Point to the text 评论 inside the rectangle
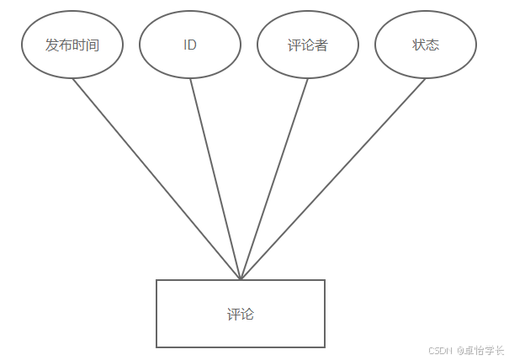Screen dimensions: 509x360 click(241, 315)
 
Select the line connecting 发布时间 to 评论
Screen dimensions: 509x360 click(156, 179)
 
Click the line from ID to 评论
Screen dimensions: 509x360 click(215, 179)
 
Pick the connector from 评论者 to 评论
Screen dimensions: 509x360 click(274, 179)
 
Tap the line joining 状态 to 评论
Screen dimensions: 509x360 click(333, 179)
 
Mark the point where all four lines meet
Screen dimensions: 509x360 click(241, 279)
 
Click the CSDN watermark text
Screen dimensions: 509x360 click(440, 351)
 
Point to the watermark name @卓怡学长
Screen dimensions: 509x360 click(480, 351)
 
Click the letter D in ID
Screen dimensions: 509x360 click(192, 45)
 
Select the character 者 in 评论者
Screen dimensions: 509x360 click(321, 45)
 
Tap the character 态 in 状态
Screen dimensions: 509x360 click(432, 45)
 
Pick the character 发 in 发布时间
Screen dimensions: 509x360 click(52, 45)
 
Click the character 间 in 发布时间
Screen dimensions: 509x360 click(93, 45)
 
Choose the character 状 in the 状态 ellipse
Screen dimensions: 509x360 click(419, 45)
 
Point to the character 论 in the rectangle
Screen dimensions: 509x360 click(247, 315)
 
